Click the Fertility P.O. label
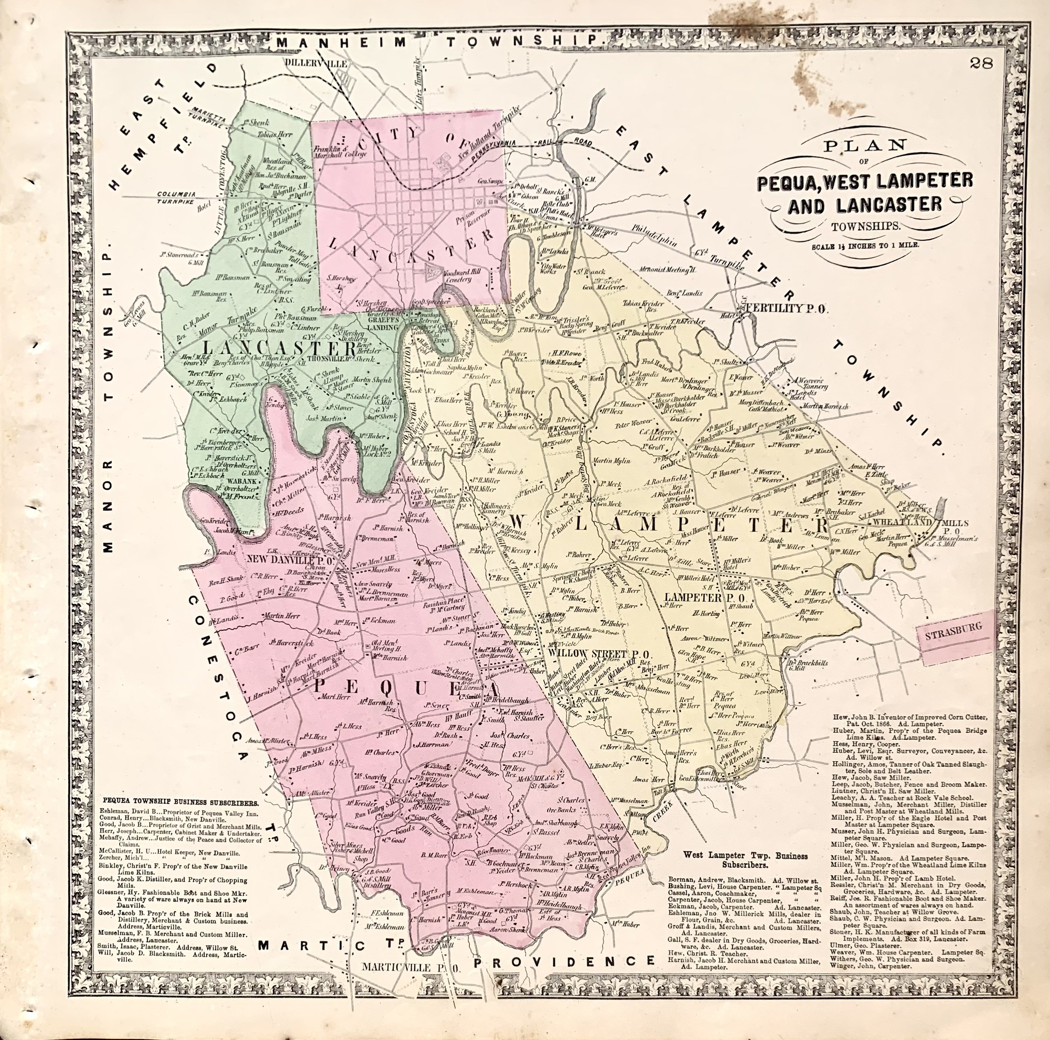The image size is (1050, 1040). [787, 309]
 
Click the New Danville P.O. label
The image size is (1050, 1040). [289, 560]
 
